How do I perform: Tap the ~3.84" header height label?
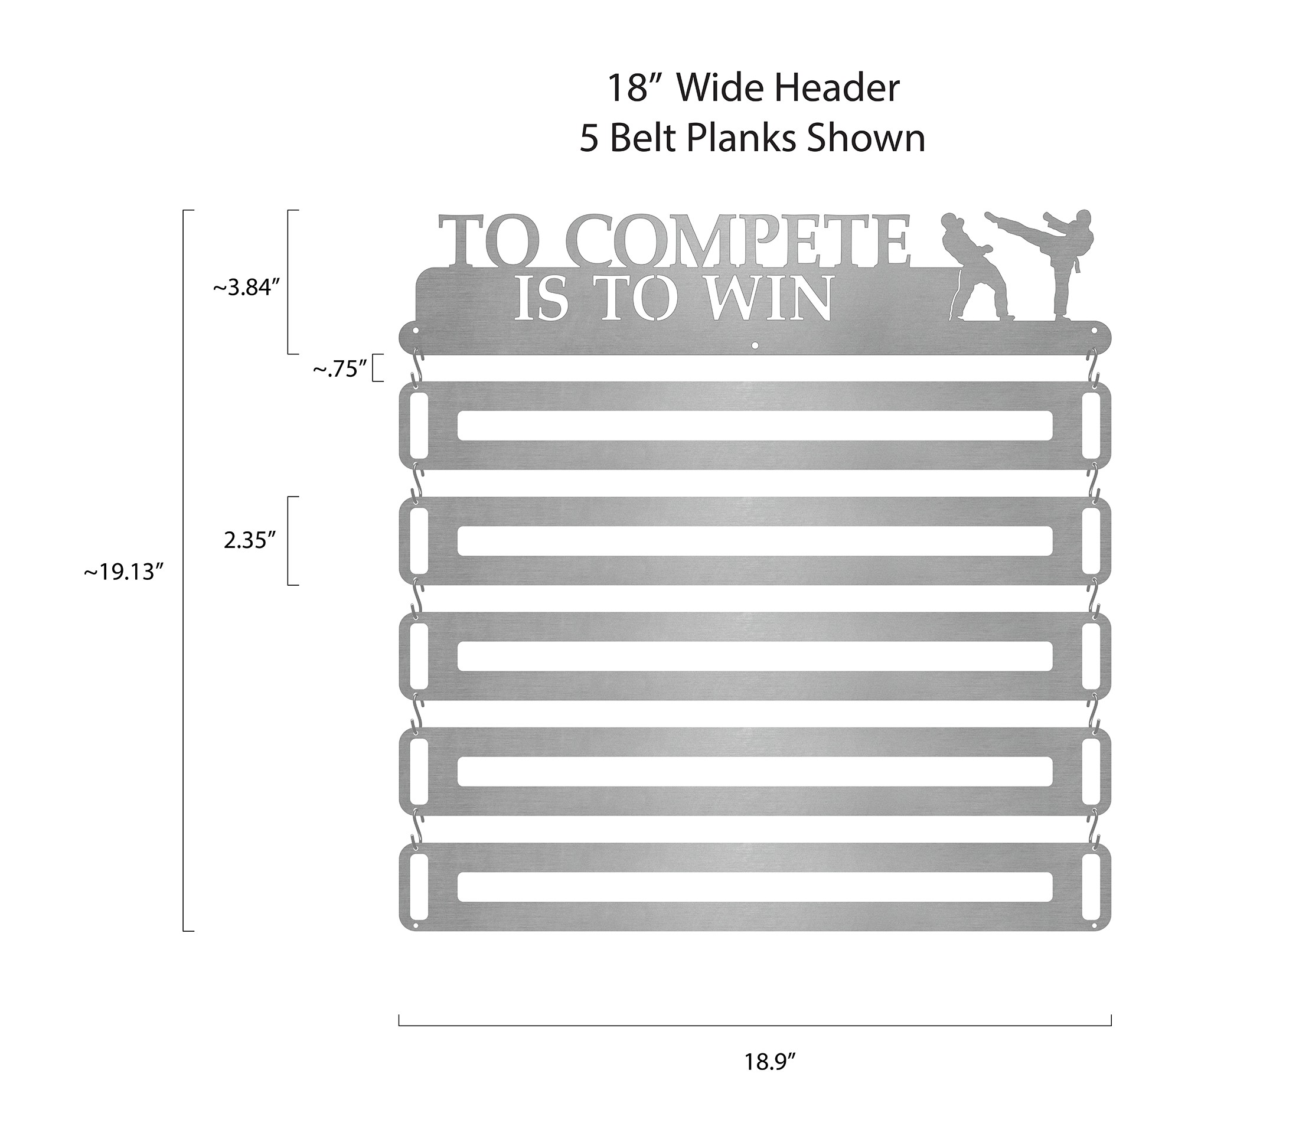pyautogui.click(x=246, y=288)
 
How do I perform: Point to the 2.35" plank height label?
pyautogui.click(x=250, y=540)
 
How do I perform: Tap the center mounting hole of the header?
pyautogui.click(x=755, y=346)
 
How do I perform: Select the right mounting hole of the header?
pyautogui.click(x=1094, y=331)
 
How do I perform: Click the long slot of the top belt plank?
pyautogui.click(x=755, y=425)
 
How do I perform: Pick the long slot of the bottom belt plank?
pyautogui.click(x=755, y=887)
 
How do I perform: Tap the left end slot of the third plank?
pyautogui.click(x=419, y=656)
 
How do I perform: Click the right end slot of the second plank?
pyautogui.click(x=1091, y=540)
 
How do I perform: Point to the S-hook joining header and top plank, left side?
pyautogui.click(x=417, y=367)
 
